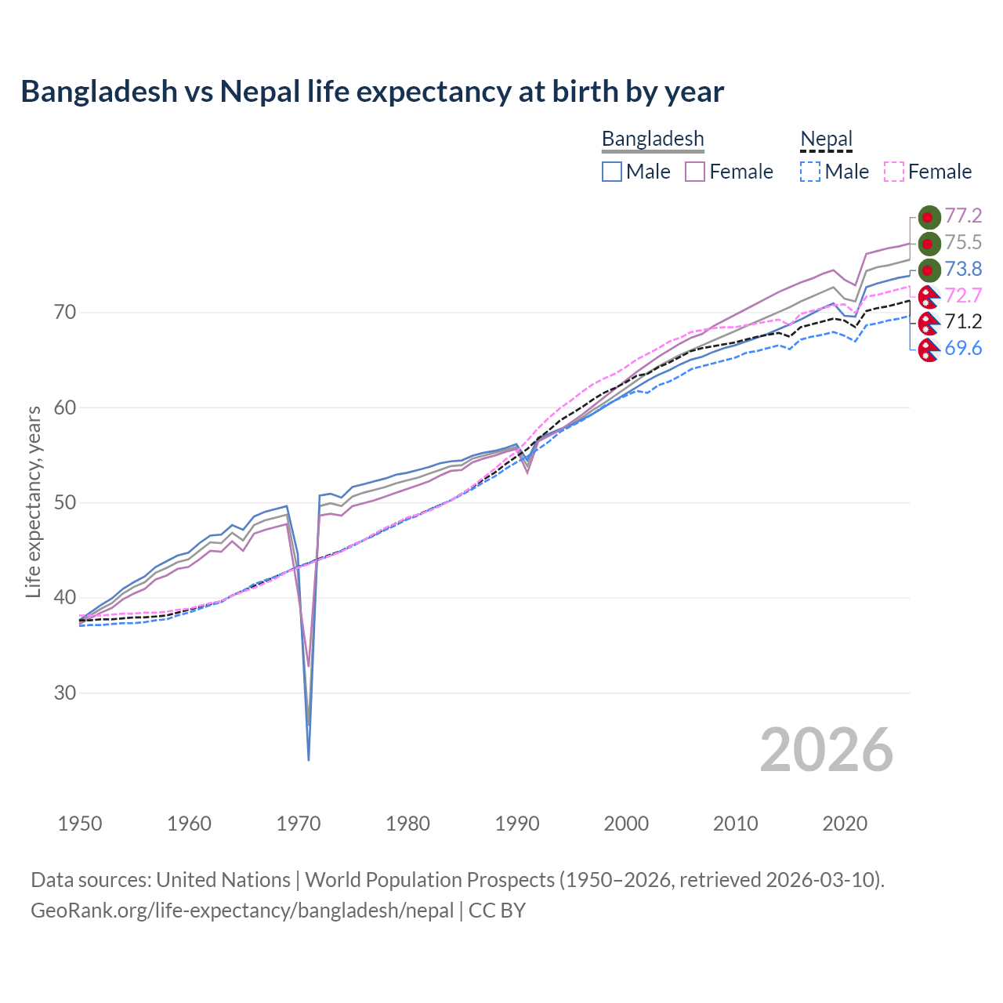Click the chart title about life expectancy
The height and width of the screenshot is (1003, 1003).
click(x=372, y=92)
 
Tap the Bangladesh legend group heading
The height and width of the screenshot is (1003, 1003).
click(x=653, y=139)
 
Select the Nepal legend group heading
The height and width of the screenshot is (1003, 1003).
click(x=826, y=139)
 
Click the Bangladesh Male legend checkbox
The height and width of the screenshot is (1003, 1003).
click(x=612, y=172)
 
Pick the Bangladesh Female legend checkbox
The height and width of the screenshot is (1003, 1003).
click(x=695, y=172)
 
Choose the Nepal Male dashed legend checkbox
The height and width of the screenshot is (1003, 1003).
click(x=810, y=172)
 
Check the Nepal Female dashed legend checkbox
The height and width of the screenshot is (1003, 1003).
click(x=894, y=172)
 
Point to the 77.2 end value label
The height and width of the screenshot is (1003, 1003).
click(x=963, y=215)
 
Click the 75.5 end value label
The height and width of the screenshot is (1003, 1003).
click(x=963, y=242)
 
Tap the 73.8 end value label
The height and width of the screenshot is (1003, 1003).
click(x=963, y=269)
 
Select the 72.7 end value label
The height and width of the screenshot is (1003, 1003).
click(x=963, y=295)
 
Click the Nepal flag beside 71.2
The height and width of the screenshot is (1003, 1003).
click(x=929, y=322)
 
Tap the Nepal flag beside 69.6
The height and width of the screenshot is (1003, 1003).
click(x=929, y=349)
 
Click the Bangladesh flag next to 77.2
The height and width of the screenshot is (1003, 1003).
click(x=929, y=217)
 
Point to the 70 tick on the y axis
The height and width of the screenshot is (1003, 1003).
click(x=65, y=312)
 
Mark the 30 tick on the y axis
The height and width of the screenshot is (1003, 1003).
click(x=65, y=693)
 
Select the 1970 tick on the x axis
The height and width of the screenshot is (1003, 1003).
click(x=299, y=824)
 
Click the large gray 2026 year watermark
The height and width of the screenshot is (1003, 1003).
click(x=826, y=750)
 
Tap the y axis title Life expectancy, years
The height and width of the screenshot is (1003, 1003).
click(x=34, y=501)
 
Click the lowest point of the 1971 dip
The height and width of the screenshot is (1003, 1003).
click(x=309, y=759)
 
